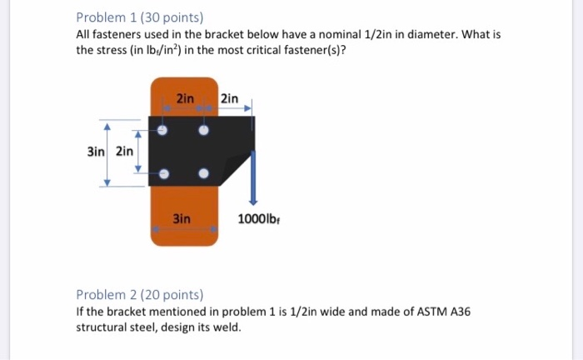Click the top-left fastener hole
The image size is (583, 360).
click(x=163, y=131)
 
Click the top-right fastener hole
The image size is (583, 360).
click(x=203, y=131)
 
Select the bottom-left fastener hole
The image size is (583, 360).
click(x=163, y=173)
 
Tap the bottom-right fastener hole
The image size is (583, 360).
click(x=203, y=173)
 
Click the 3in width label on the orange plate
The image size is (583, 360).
click(x=182, y=218)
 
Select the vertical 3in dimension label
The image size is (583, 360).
click(x=97, y=152)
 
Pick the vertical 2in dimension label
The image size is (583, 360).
click(x=124, y=152)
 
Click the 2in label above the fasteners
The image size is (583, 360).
click(x=185, y=99)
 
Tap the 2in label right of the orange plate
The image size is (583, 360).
click(x=230, y=99)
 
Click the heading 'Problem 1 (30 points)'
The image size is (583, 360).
click(x=139, y=17)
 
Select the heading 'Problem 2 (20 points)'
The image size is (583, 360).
click(x=139, y=294)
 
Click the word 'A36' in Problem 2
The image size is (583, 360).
click(x=457, y=311)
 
